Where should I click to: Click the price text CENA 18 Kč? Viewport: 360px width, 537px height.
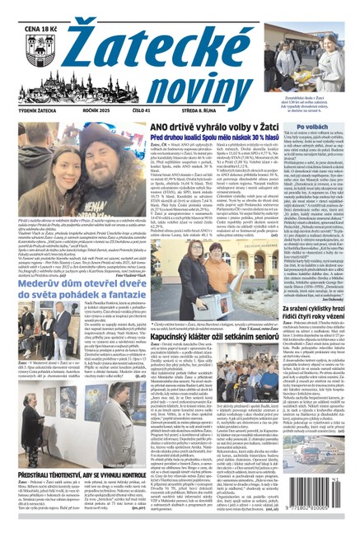(x=26, y=9)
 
